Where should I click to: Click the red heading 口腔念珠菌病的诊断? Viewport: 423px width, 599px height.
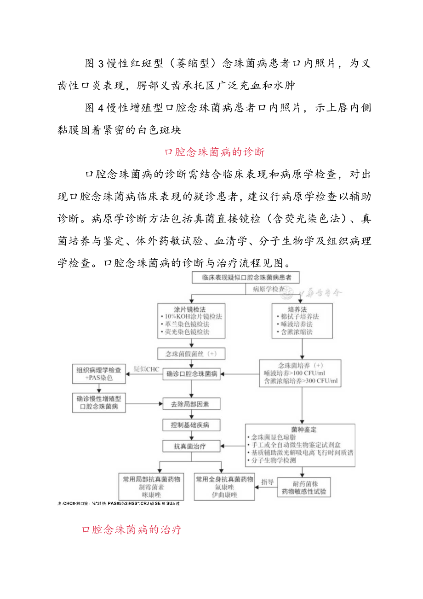click(x=214, y=152)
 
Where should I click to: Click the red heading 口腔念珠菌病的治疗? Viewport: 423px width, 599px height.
click(x=131, y=529)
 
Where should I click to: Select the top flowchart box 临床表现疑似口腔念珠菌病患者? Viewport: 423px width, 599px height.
click(x=244, y=278)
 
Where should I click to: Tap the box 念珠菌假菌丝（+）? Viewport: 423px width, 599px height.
click(x=191, y=354)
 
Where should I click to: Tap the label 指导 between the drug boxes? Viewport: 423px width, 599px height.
click(x=268, y=482)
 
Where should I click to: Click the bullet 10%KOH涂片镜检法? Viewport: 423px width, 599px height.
click(x=192, y=317)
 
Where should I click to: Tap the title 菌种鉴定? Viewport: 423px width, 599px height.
click(x=300, y=429)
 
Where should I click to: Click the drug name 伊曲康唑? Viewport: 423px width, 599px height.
click(x=224, y=495)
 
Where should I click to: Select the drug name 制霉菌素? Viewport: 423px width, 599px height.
click(x=151, y=487)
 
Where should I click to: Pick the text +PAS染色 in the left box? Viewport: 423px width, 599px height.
click(x=99, y=378)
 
